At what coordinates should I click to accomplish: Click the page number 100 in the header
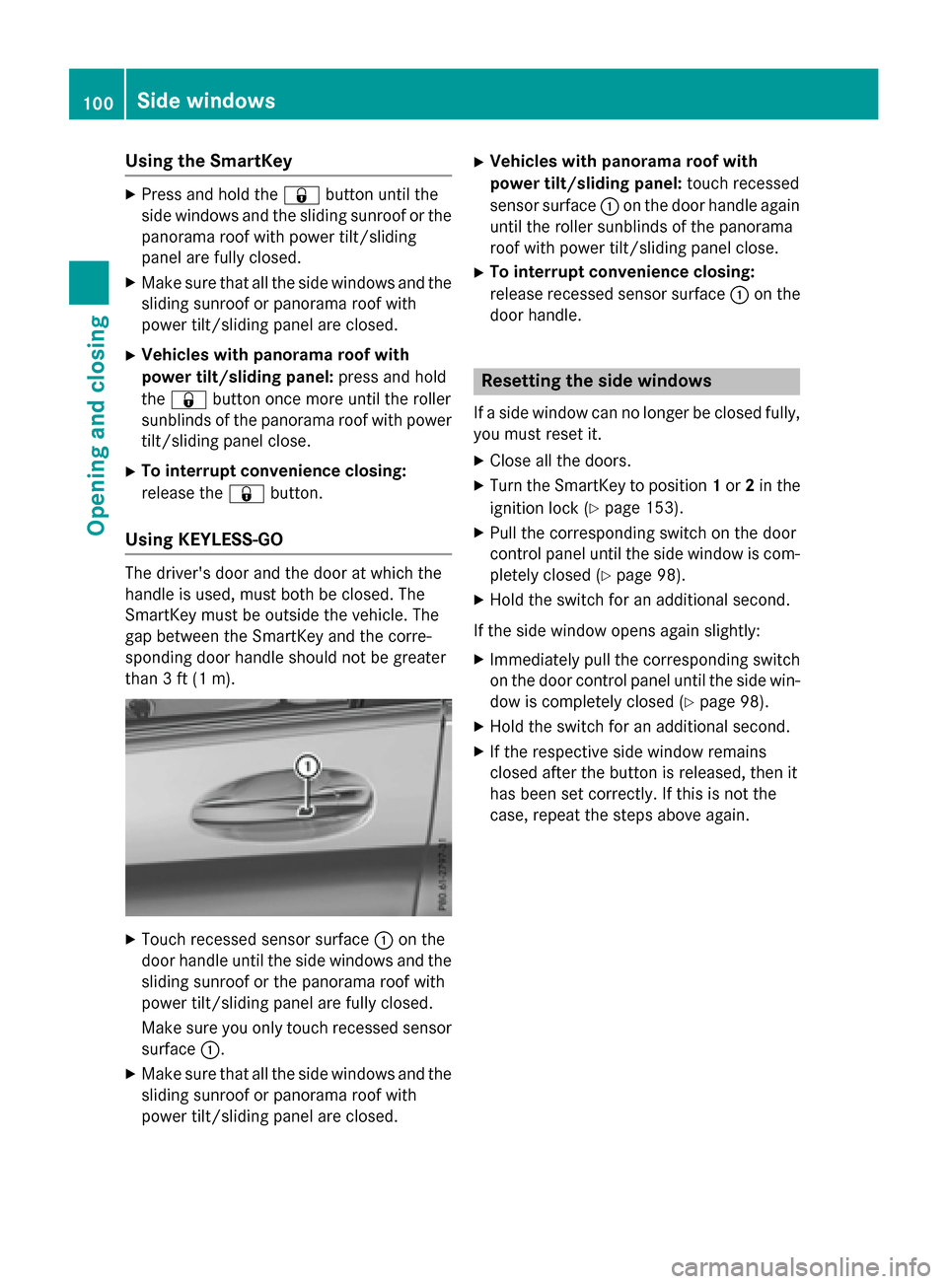(98, 103)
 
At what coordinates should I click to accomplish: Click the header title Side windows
(206, 101)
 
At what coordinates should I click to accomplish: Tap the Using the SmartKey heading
(208, 161)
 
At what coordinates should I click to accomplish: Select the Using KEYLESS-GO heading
(204, 539)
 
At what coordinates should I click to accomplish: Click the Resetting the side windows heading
(596, 381)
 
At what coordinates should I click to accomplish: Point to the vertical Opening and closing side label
(97, 424)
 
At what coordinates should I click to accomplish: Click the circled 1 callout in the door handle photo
(308, 766)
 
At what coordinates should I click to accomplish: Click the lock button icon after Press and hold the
(301, 195)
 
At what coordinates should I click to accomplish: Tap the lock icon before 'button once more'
(188, 399)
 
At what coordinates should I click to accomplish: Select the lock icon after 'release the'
(246, 494)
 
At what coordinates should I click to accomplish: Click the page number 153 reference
(660, 508)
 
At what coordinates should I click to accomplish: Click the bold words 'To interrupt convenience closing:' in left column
(273, 471)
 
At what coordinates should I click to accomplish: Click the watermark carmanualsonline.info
(800, 1266)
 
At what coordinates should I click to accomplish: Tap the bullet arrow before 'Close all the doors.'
(479, 461)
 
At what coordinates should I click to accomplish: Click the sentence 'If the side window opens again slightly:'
(617, 630)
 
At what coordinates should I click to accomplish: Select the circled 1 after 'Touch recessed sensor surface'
(384, 941)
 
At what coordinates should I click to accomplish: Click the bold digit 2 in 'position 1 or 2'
(750, 485)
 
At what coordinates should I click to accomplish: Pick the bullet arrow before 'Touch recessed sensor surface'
(131, 940)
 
